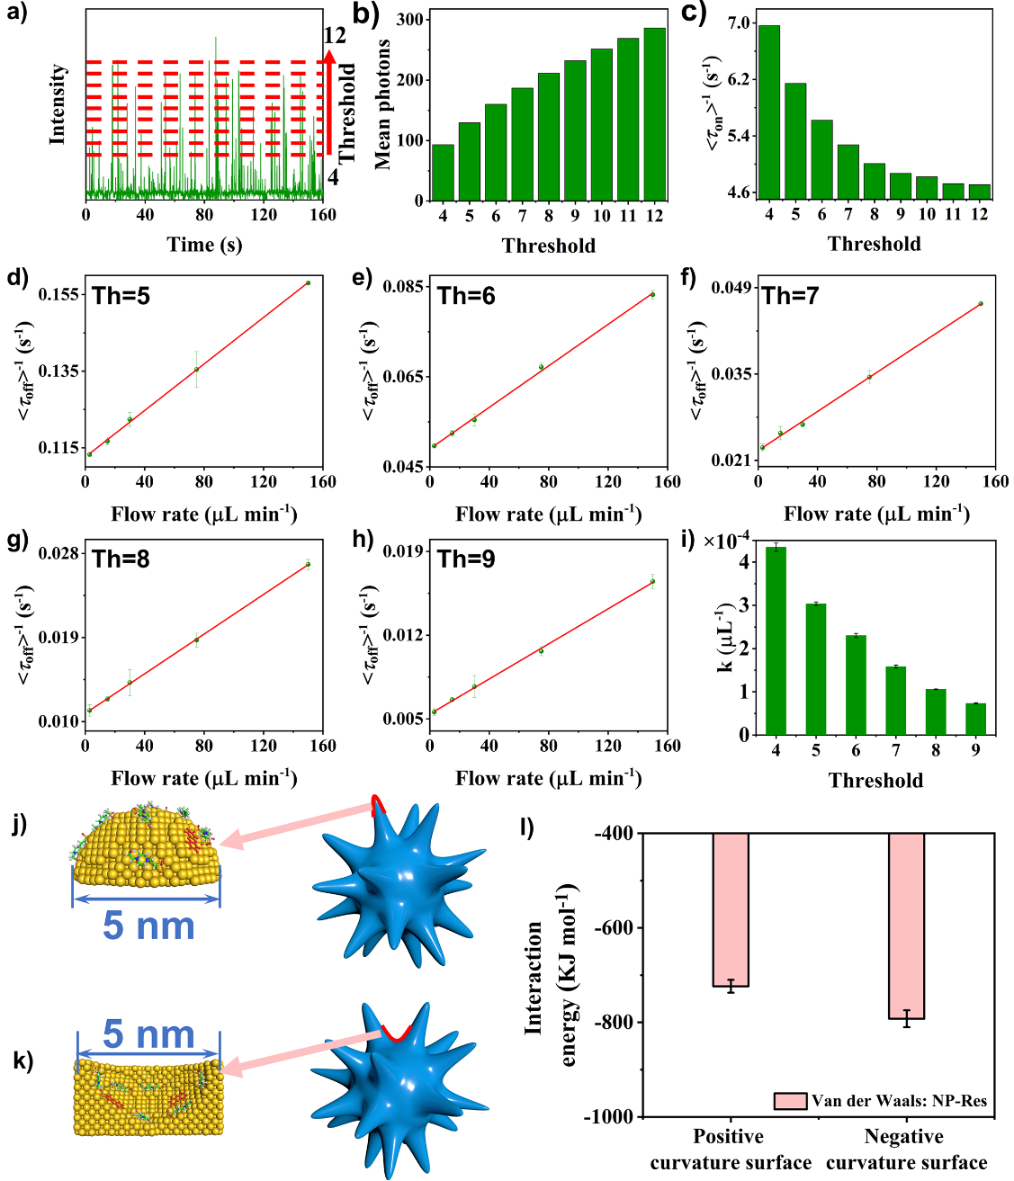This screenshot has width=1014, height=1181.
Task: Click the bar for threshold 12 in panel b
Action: coord(655,114)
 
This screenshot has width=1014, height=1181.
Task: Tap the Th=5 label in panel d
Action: coord(121,296)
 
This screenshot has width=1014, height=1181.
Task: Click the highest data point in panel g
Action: coord(308,565)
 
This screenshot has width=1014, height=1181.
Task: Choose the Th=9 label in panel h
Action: coord(465,559)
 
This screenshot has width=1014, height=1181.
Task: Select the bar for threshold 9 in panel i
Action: coord(975,719)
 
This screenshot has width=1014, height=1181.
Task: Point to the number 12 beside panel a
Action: coord(335,36)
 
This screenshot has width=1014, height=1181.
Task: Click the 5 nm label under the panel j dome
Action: coord(148,926)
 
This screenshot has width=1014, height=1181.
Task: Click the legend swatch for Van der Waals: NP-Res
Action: coord(790,1101)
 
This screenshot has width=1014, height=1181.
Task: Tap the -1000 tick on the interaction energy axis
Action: coord(615,1117)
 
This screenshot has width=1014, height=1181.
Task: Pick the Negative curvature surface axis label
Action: coord(905,1150)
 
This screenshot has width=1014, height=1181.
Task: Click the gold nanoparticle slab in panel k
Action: coord(148,1097)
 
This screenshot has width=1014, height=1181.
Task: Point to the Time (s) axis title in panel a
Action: coord(204,245)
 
